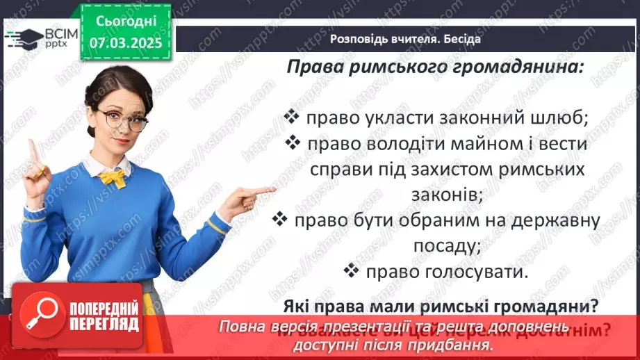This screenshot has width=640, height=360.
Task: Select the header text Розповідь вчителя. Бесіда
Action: click(x=404, y=39)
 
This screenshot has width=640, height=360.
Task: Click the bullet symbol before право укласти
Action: click(x=293, y=115)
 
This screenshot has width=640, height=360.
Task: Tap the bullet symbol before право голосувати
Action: click(x=352, y=270)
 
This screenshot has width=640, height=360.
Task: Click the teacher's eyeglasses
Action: click(x=123, y=120)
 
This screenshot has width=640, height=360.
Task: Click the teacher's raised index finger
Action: click(x=31, y=150)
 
